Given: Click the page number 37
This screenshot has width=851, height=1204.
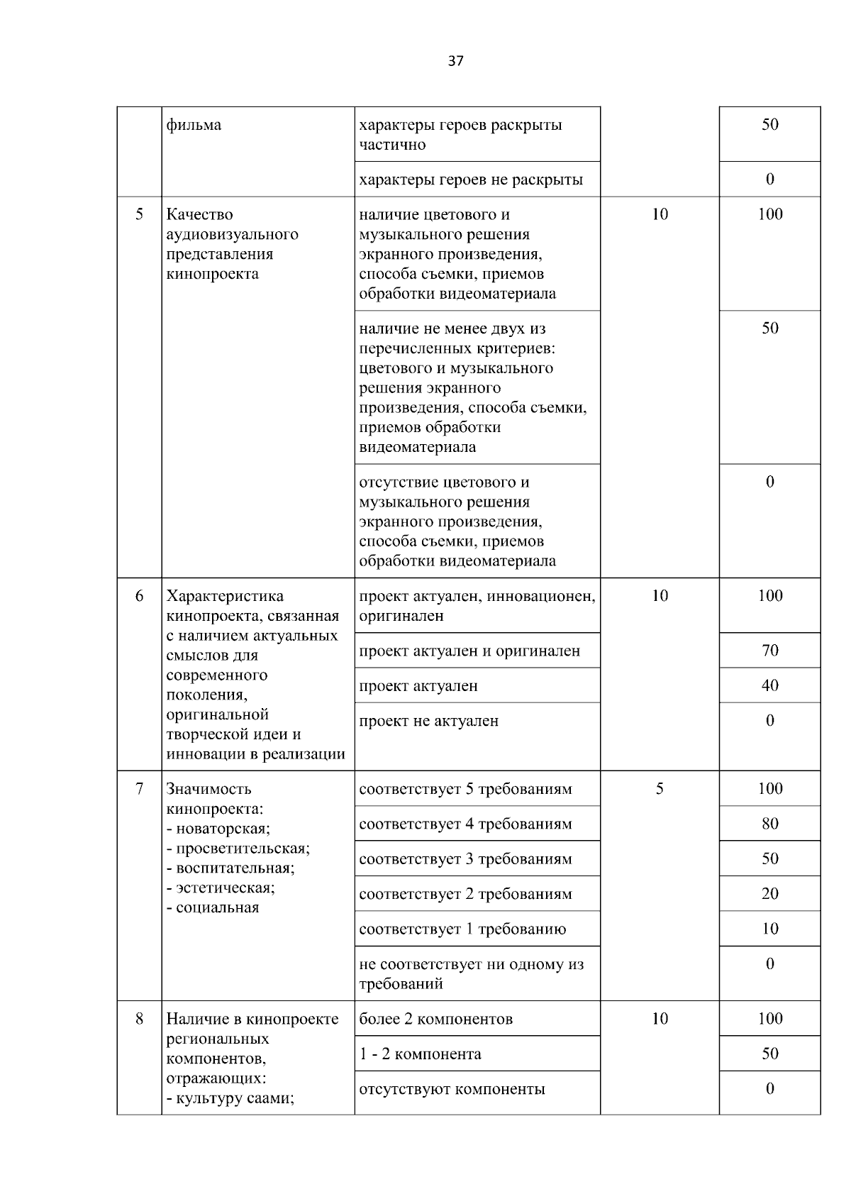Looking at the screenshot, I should pos(456,61).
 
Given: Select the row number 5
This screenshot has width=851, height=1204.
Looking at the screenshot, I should pos(139,214).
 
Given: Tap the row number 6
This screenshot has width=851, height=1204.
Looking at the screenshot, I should pos(139,596).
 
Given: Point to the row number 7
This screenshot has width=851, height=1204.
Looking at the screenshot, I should pos(139,789).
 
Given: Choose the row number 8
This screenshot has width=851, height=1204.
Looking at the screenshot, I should pos(139,1019).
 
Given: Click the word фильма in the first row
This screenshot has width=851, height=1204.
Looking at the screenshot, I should pos(194,126).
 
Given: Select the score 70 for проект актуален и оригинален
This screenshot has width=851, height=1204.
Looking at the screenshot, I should pos(770,651).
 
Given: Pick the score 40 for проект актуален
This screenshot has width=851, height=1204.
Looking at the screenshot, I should pos(770,685).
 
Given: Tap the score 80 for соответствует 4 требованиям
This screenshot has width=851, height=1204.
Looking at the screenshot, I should pos(770,824).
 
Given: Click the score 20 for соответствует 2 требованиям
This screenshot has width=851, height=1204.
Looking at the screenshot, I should pos(770,894).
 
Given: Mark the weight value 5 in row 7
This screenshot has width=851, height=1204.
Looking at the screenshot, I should pos(660,789).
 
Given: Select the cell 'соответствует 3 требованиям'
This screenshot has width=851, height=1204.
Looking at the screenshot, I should pos(465,859).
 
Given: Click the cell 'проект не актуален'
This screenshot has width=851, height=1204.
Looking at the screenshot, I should pos(429,721).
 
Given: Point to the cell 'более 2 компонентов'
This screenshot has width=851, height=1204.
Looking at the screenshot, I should pos(435,1020).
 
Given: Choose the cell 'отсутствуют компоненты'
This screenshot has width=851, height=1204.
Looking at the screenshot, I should pos(452,1089).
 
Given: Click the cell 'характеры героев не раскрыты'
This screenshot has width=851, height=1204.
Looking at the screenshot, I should pos(471,180).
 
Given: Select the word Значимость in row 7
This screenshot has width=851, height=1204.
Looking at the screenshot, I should pos(208,789).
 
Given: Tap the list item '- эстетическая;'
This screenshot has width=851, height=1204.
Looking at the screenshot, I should pos(221,888).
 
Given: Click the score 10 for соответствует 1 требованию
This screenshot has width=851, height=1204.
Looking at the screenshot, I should pos(770,929).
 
